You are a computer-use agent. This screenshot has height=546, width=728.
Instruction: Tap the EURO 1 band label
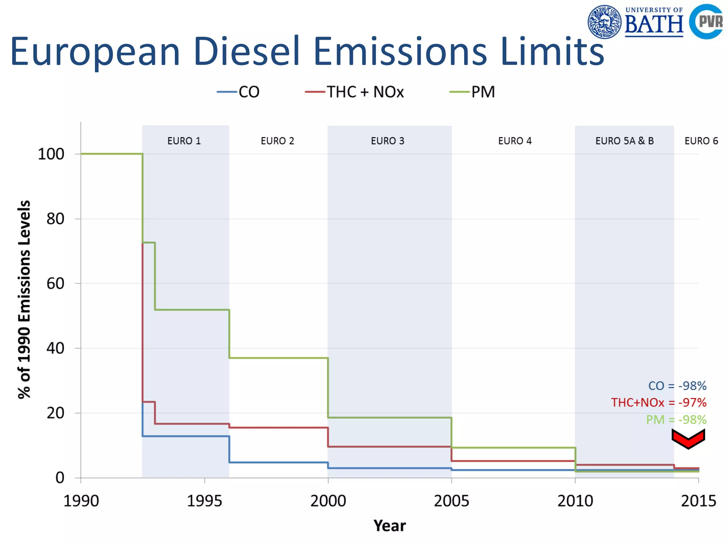(184, 141)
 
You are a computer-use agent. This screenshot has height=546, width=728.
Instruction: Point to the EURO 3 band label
(387, 141)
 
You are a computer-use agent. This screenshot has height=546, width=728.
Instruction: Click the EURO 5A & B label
(625, 141)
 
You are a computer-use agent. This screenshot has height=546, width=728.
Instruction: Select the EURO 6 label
(701, 141)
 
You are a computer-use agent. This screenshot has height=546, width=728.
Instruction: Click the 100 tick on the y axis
(51, 154)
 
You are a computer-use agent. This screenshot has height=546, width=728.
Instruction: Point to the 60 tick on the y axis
(55, 284)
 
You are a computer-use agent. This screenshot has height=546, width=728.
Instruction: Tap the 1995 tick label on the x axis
(204, 501)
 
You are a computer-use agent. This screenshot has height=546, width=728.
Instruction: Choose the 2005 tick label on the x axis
(451, 501)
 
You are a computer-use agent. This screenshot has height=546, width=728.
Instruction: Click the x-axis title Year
(390, 526)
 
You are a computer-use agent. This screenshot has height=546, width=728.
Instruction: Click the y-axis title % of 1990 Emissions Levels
(24, 299)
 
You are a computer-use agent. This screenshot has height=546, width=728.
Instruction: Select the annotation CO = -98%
(677, 386)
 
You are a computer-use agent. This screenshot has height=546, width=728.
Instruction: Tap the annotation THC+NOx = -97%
(659, 403)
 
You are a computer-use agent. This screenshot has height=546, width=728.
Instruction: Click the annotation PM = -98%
(676, 420)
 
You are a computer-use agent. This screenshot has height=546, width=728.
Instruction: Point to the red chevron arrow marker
(688, 439)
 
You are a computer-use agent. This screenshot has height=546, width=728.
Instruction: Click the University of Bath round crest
(604, 22)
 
